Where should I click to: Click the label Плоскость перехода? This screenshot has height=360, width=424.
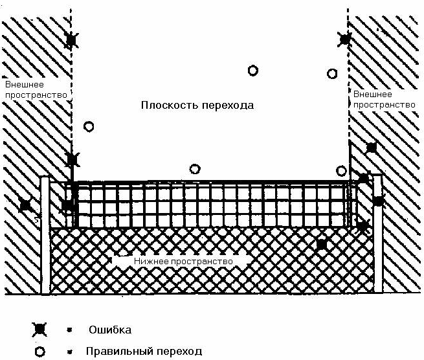click(197, 105)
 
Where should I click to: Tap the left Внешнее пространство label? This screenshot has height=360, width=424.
click(36, 89)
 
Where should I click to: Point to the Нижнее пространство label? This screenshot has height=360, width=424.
click(183, 260)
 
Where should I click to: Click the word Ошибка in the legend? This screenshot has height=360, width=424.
click(110, 330)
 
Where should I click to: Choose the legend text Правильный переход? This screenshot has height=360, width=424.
click(144, 352)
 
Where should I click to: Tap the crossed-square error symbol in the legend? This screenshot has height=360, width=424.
click(39, 330)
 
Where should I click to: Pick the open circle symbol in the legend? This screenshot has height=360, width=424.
click(39, 352)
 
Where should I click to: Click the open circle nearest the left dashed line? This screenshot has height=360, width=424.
click(89, 127)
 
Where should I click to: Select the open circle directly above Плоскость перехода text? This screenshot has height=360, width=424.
click(252, 70)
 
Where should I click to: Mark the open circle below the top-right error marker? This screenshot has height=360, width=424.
click(332, 74)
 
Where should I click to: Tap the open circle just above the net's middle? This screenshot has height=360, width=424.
click(195, 169)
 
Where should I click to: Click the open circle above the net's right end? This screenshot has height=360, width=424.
click(341, 171)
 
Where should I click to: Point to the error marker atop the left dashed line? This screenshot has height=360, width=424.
click(71, 41)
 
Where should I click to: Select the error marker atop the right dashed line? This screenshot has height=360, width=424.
click(345, 39)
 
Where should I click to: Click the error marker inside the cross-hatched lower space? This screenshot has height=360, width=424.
click(321, 244)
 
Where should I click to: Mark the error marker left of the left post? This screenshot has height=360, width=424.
click(25, 205)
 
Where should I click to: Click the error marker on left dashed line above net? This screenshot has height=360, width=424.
click(72, 159)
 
